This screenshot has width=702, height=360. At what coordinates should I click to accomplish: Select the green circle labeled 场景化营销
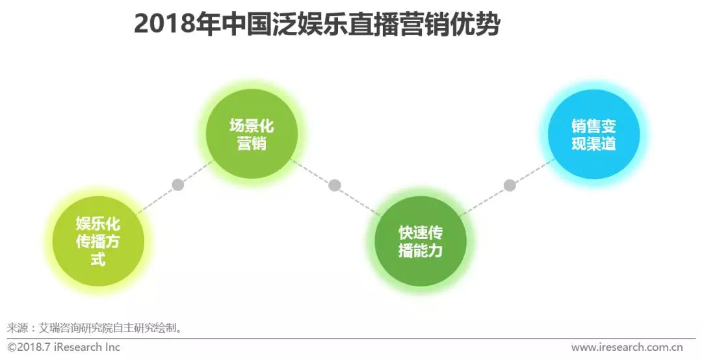click(252, 134)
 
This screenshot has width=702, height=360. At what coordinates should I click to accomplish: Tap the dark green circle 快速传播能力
click(420, 241)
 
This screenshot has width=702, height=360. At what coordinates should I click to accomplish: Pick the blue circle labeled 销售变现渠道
click(593, 135)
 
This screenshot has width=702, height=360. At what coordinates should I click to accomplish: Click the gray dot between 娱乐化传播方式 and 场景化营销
click(177, 185)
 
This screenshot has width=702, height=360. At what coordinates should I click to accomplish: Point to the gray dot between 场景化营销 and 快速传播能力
click(335, 185)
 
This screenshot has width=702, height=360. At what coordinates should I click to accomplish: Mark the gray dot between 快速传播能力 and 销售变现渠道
click(510, 185)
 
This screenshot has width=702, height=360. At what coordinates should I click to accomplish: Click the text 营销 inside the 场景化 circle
click(252, 144)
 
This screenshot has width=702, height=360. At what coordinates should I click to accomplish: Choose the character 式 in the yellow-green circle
click(97, 260)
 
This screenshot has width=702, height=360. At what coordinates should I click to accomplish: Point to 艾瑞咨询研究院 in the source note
click(71, 327)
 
